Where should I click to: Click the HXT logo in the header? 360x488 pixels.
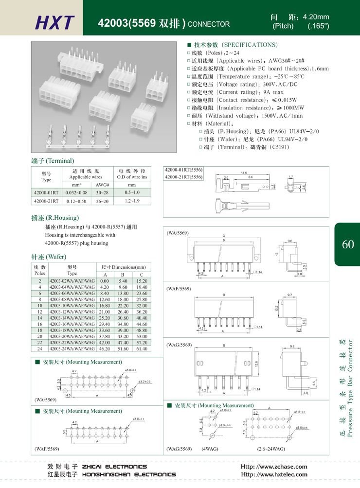coord(55,22)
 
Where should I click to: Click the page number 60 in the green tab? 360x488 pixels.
coord(348,244)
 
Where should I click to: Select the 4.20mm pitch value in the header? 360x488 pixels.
coord(316,17)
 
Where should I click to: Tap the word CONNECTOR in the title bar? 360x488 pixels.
coord(209,24)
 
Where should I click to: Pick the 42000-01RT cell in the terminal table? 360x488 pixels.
coord(46,192)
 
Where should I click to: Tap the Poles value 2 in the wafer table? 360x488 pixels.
coord(39,281)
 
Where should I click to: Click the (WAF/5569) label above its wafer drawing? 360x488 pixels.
coord(179,289)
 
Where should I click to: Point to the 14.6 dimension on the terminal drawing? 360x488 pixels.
coord(244,173)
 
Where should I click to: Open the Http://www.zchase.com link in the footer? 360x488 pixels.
coord(274,467)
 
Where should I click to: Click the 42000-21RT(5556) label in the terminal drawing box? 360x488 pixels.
coord(183,176)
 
